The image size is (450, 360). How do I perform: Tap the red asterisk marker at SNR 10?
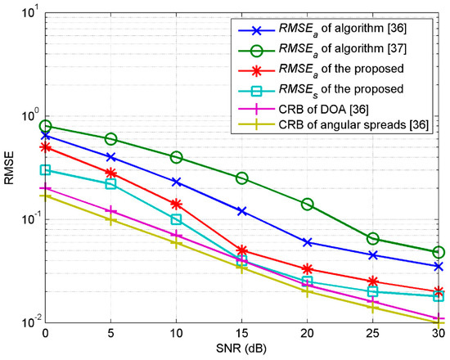tap(176, 204)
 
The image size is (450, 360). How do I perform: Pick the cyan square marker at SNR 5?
tap(110, 184)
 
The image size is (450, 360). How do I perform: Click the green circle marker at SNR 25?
tap(373, 238)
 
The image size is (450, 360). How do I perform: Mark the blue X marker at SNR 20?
tap(308, 242)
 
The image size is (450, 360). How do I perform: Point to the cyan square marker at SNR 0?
tap(45, 170)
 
